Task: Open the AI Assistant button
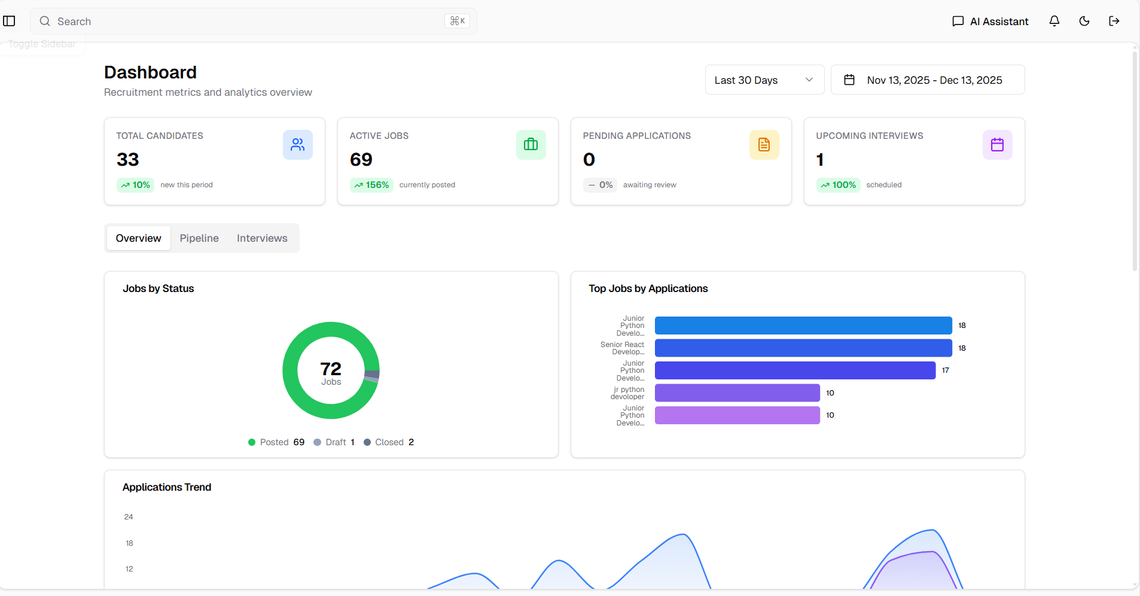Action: point(990,22)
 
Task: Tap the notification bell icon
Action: point(1054,22)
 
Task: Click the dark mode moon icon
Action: point(1084,22)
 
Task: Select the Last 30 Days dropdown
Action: point(764,80)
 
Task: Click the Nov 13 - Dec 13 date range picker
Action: point(927,80)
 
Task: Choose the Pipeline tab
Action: point(199,238)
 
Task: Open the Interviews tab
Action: point(262,238)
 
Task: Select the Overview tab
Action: point(138,238)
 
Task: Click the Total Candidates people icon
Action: point(298,145)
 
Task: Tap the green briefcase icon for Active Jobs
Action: point(531,145)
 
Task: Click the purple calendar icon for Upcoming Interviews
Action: point(997,145)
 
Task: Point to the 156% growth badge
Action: point(371,185)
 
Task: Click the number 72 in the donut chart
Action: point(331,369)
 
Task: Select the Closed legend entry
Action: point(389,442)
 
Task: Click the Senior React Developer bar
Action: point(803,348)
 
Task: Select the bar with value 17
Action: point(795,370)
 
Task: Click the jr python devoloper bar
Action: point(737,393)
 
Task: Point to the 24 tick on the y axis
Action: point(129,517)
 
